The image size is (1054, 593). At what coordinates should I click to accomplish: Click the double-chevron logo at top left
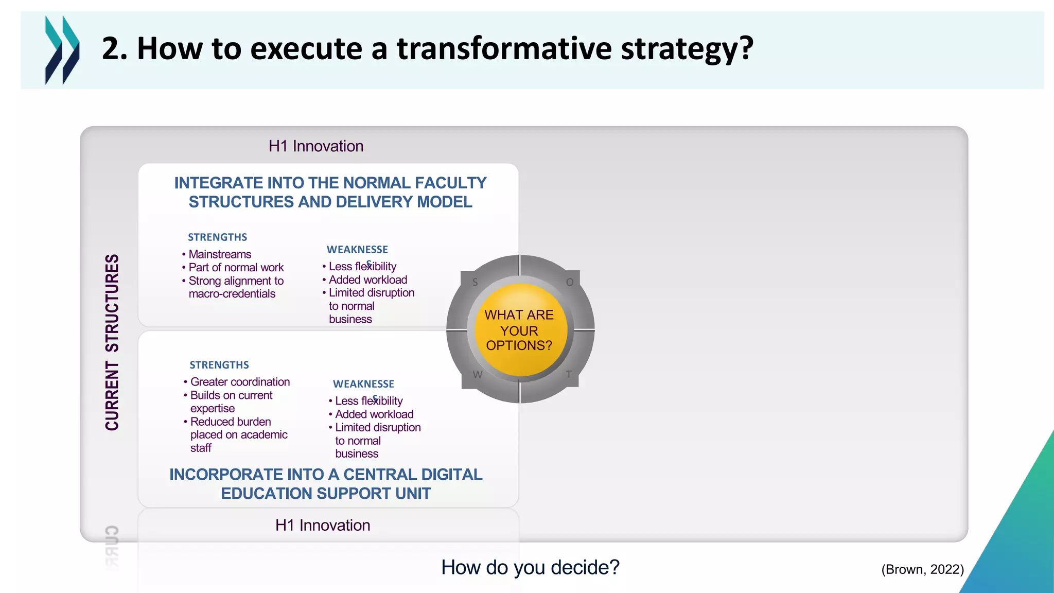[x=62, y=49]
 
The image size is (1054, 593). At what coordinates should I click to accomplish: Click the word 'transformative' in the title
[x=504, y=48]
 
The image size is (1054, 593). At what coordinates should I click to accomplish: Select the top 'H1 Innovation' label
[x=316, y=146]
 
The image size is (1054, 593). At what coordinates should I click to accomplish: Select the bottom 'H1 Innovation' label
[x=323, y=525]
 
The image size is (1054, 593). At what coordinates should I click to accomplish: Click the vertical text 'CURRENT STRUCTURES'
[x=112, y=342]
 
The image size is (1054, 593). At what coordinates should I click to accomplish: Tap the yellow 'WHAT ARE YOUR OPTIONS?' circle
[x=519, y=330]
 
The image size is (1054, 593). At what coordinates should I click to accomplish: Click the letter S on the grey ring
[x=475, y=282]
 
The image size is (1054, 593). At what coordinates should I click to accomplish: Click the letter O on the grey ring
[x=570, y=282]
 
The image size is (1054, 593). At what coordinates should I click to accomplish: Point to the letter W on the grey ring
[x=478, y=374]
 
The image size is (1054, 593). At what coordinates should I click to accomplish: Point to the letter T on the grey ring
[x=569, y=374]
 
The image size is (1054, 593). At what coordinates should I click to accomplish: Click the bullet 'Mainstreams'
[x=220, y=254]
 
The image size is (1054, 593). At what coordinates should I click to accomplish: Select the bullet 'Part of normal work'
[x=236, y=268]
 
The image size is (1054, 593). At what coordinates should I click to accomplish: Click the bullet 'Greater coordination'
[x=240, y=382]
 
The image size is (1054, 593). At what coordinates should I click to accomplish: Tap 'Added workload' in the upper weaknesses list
[x=368, y=280]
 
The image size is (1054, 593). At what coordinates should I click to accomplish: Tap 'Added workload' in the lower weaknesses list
[x=374, y=414]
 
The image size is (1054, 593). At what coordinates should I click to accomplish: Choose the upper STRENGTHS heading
[x=217, y=237]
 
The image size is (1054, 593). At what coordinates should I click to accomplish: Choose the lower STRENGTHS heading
[x=219, y=365]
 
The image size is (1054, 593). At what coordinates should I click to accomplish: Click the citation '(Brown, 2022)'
[x=922, y=569]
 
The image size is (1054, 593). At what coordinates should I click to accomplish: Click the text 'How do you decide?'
[x=530, y=567]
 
